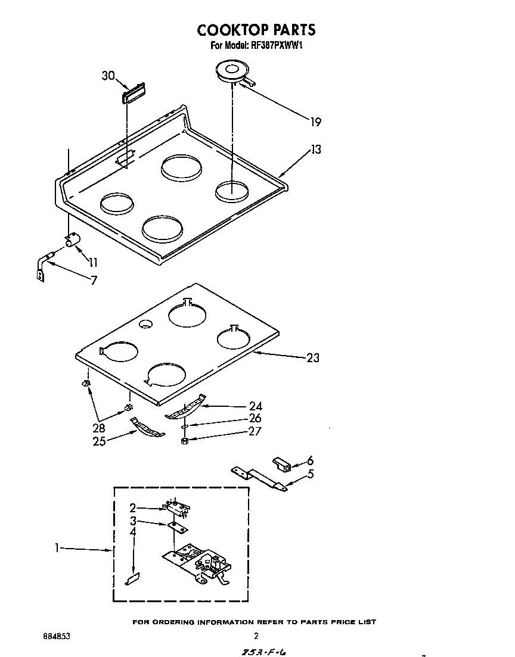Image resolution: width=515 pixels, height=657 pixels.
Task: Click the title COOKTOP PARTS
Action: click(256, 30)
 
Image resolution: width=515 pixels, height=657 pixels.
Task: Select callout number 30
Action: click(108, 75)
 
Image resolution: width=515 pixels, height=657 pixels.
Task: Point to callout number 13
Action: click(315, 150)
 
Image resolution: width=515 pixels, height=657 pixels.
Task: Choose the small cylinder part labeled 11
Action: click(73, 240)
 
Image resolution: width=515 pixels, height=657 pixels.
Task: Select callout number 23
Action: click(313, 358)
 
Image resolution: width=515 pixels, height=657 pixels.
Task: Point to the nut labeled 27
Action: click(185, 440)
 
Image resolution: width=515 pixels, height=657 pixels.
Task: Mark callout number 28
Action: click(100, 428)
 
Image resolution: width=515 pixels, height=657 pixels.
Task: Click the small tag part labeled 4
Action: click(132, 578)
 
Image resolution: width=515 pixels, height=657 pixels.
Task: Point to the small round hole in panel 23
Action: click(145, 324)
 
